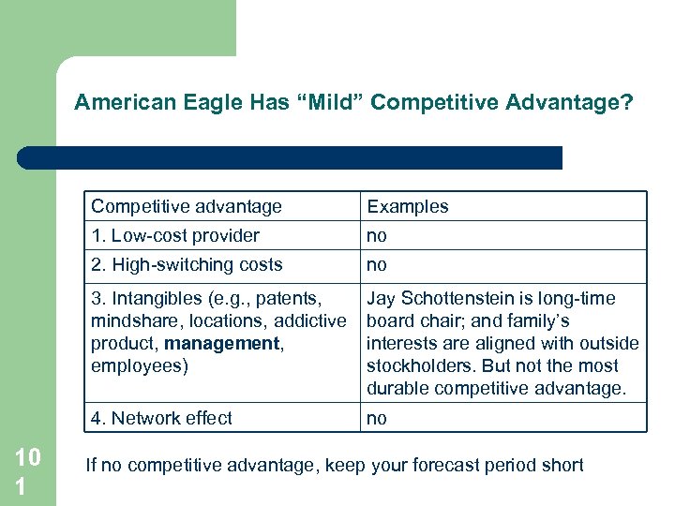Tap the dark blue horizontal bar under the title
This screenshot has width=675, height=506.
[x=291, y=157]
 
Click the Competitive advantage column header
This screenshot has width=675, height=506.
[x=187, y=206]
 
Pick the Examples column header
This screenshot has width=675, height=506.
[x=408, y=206]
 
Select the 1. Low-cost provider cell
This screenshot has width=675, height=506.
[x=175, y=235]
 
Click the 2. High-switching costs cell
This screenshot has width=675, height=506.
[x=187, y=265]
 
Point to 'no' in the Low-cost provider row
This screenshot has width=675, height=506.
[x=377, y=236]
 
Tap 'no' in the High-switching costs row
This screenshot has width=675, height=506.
[x=377, y=266]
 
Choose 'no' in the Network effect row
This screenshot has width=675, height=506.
[x=377, y=419]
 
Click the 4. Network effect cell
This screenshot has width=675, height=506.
[x=161, y=418]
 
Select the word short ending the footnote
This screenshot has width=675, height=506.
[x=561, y=465]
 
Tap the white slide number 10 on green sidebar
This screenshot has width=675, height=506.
[x=28, y=457]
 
